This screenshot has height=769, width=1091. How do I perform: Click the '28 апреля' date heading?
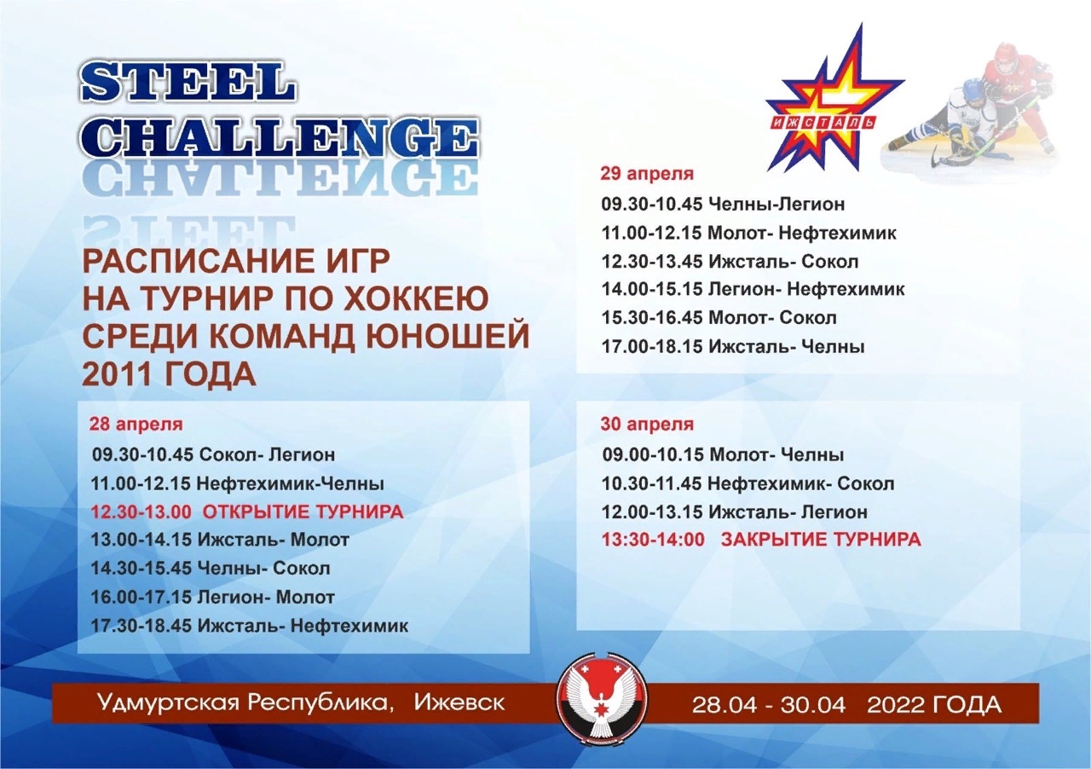click(136, 425)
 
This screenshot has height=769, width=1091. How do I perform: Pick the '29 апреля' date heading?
click(647, 173)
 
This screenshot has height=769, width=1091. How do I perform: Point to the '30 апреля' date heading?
click(647, 425)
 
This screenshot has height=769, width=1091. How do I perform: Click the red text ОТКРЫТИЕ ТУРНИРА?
click(303, 512)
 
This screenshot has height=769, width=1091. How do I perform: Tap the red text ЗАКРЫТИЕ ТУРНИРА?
click(821, 540)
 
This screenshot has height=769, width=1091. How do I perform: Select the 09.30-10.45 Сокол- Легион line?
click(213, 455)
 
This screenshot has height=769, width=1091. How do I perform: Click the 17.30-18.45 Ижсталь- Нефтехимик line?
click(250, 626)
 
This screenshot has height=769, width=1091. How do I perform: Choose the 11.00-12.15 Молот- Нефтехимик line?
click(748, 233)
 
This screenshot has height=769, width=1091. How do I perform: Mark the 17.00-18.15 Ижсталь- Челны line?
click(733, 347)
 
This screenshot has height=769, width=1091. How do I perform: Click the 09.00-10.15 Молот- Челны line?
click(724, 455)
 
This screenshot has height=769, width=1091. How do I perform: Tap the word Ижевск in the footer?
click(459, 703)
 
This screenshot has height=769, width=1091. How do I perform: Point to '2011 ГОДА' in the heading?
click(169, 373)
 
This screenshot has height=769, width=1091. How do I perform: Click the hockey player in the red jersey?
click(1011, 97)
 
